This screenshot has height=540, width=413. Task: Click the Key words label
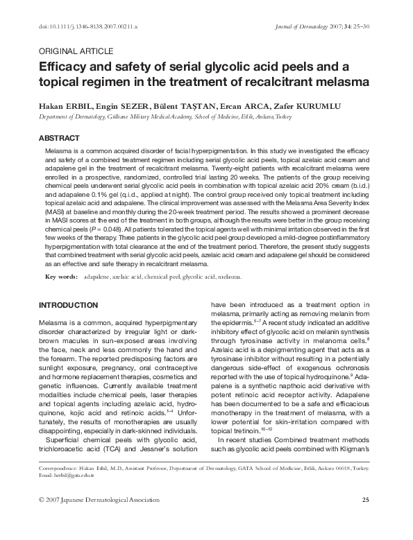pyautogui.click(x=60, y=276)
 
